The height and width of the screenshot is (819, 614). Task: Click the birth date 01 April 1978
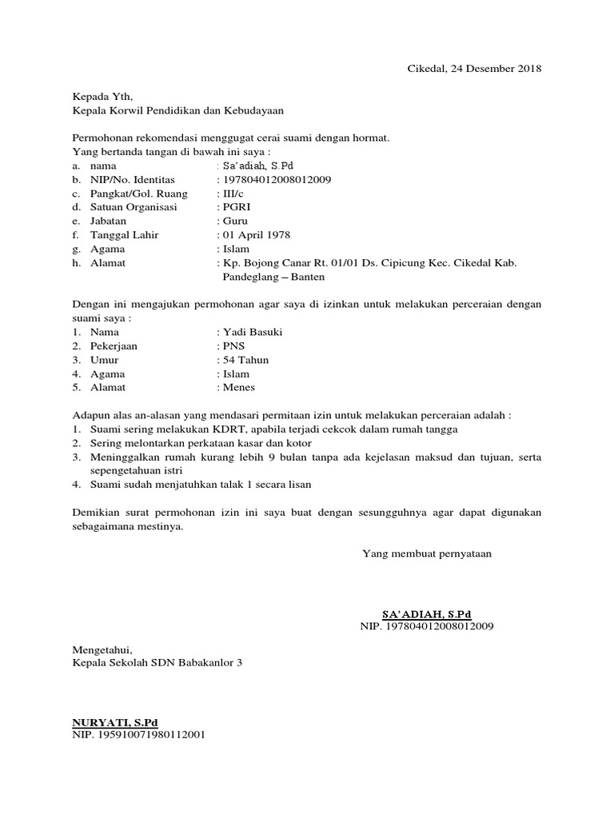[x=256, y=235]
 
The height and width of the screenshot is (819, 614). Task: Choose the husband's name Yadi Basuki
[x=252, y=332]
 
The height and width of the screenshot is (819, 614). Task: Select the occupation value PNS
[x=233, y=346]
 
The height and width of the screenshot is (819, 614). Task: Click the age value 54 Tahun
[x=245, y=360]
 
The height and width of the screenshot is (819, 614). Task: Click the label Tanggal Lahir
[x=125, y=235]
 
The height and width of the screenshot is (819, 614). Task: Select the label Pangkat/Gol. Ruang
[x=139, y=194]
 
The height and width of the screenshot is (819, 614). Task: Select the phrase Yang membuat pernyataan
[x=427, y=553]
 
